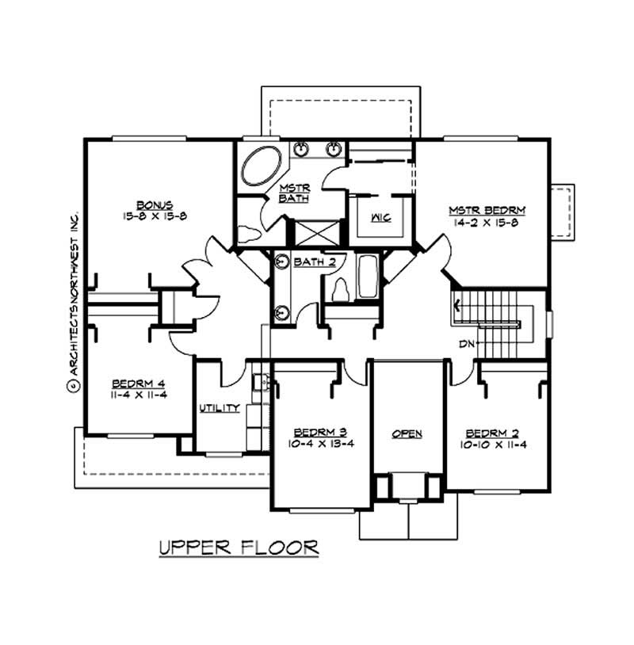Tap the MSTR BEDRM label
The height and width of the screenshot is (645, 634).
[x=487, y=210]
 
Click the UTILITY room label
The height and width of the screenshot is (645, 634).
[x=220, y=408]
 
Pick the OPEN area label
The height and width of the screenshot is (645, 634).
[x=407, y=433]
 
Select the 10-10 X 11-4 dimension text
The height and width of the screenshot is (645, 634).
[x=496, y=444]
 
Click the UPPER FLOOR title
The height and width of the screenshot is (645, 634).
[x=239, y=547]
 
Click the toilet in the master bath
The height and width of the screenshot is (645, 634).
[x=249, y=233]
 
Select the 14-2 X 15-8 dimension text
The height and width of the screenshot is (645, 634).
[x=487, y=223]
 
